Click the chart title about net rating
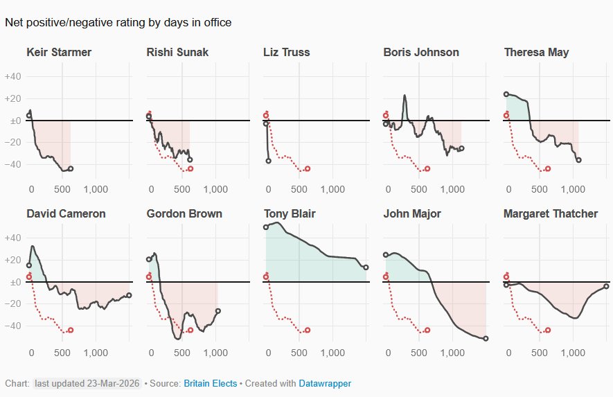pos(118,23)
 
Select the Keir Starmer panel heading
pos(59,53)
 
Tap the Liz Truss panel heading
pos(287,53)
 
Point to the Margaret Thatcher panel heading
pos(551,213)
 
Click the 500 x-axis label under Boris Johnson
pos(419,188)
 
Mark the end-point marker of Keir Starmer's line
pos(71,168)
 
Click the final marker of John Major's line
pos(486,338)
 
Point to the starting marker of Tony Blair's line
pos(266,227)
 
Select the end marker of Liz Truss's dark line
pos(269,161)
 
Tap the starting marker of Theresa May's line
pos(506,94)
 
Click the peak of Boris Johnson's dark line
pos(405,95)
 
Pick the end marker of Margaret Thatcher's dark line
pos(606,286)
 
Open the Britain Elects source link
pos(210,383)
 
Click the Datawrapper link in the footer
pos(325,383)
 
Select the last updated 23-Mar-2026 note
pos(87,383)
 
